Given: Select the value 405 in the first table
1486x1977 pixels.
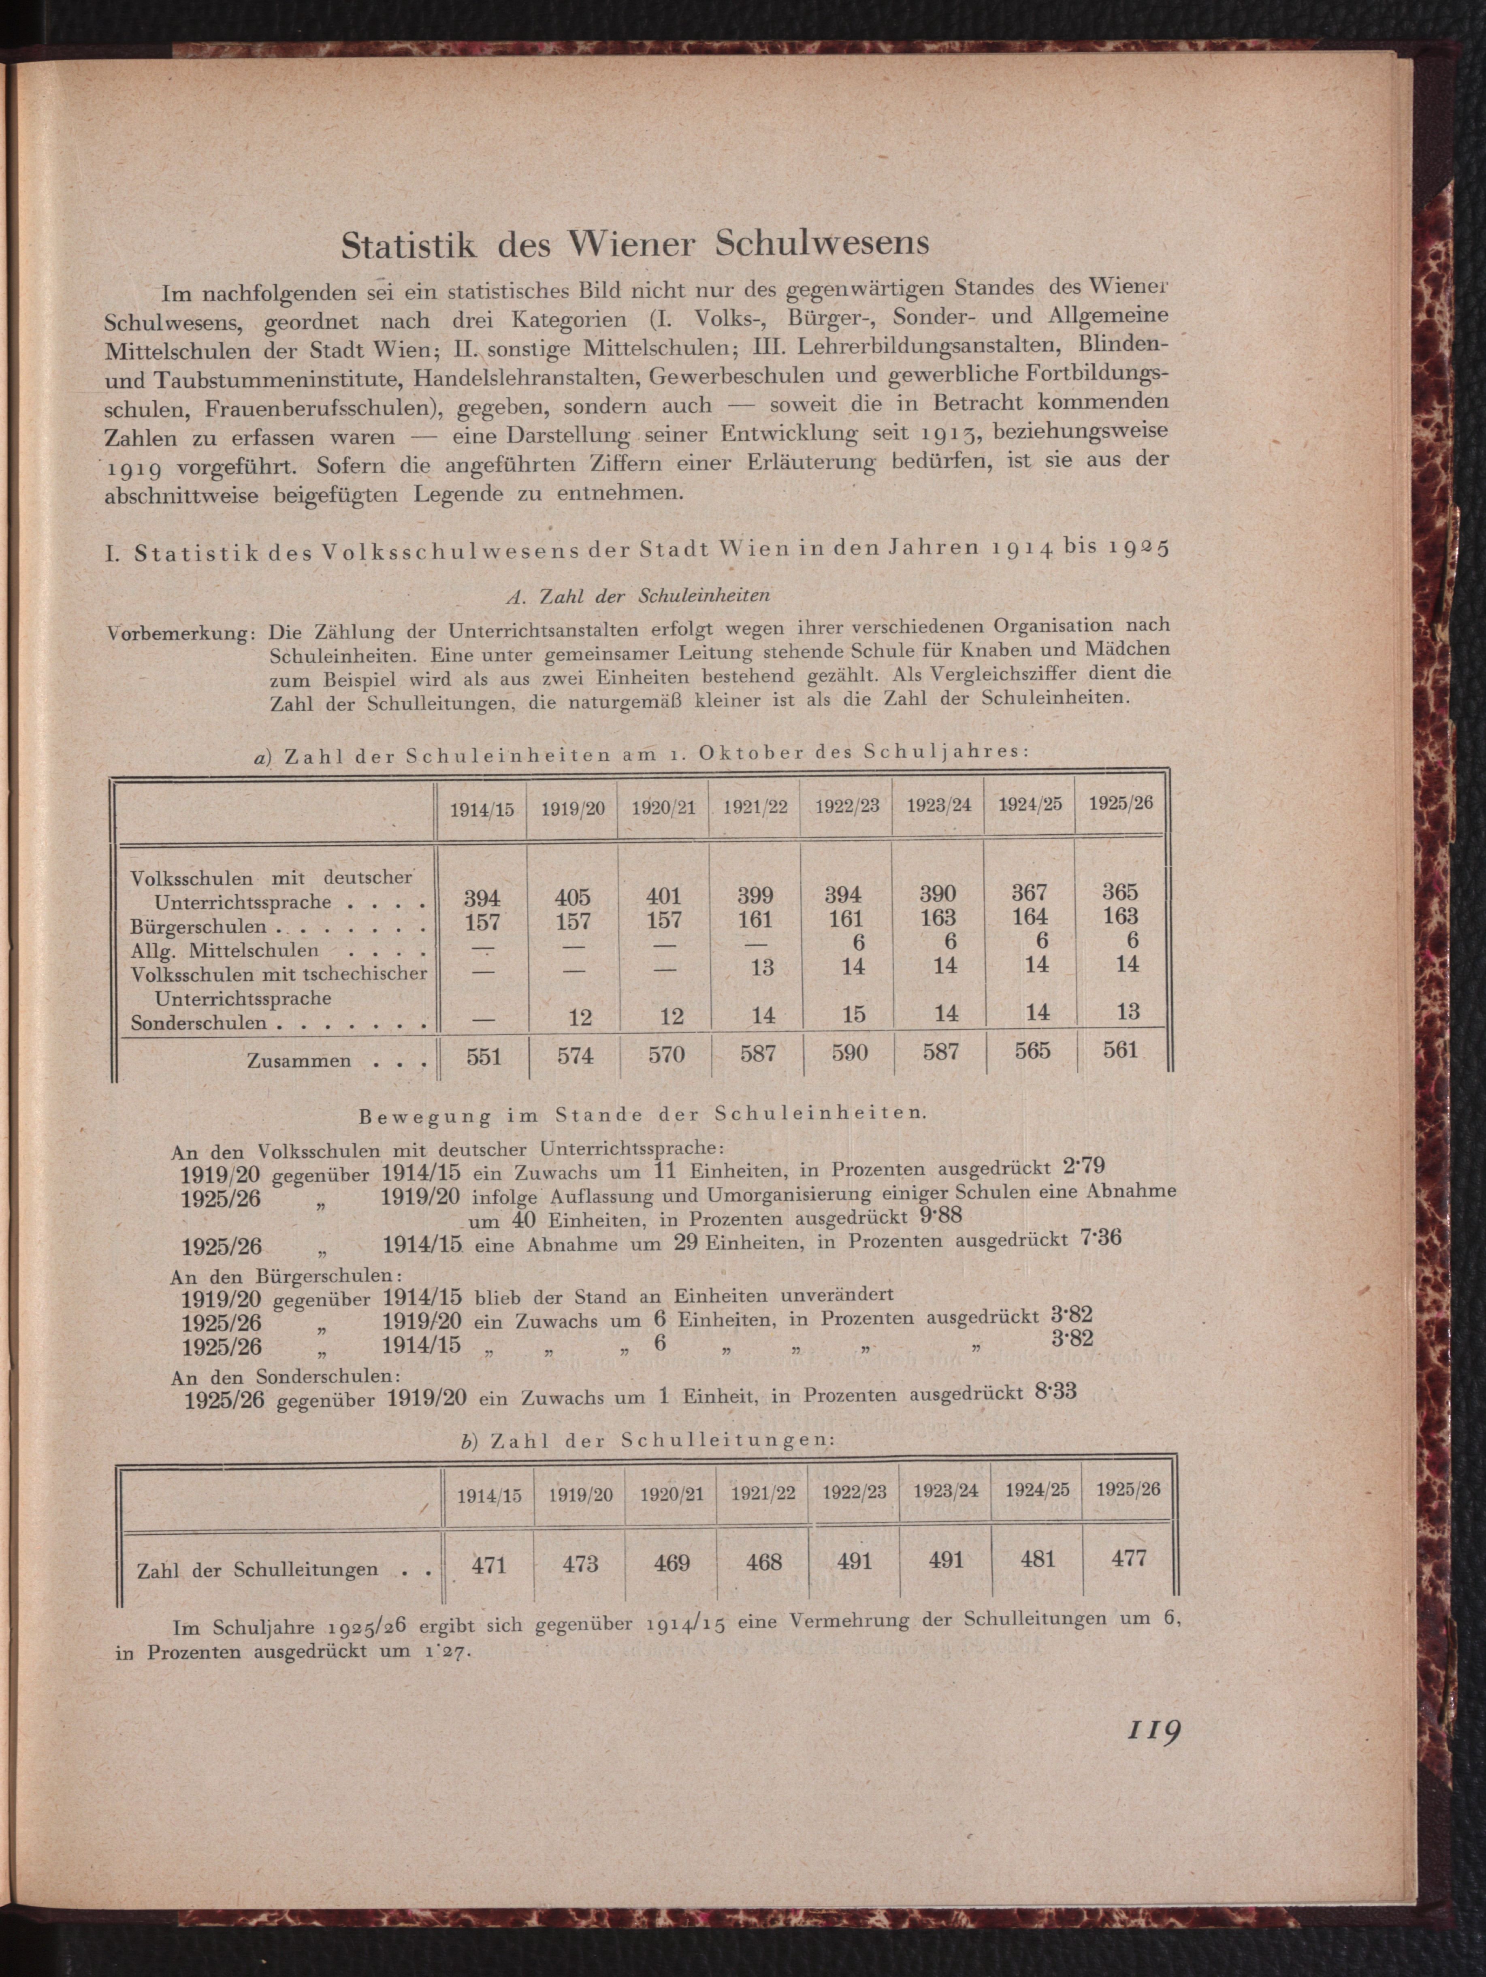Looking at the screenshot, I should click(x=572, y=896).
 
